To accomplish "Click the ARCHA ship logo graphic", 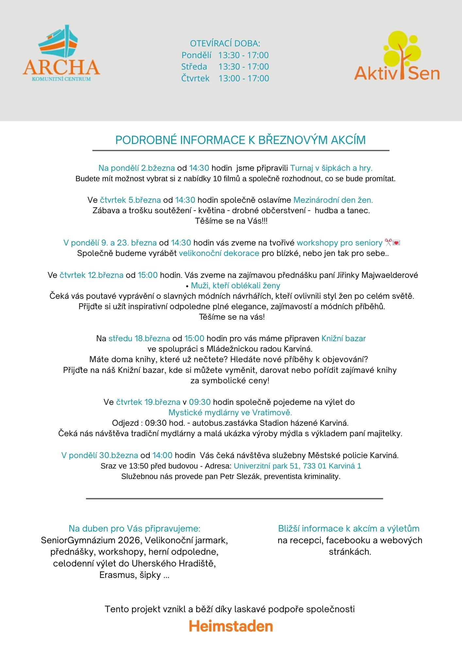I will tap(59, 41).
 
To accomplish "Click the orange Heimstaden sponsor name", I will tap(231, 626).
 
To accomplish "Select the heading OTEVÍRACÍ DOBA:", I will tap(225, 43).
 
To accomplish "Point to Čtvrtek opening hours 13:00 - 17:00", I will tap(244, 78).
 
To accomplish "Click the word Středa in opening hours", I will tap(194, 67).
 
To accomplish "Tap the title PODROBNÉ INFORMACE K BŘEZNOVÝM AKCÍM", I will tap(240, 140).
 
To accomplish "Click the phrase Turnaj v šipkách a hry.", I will tap(331, 168).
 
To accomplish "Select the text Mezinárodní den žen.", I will tap(333, 200).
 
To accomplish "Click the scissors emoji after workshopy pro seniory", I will tap(388, 243).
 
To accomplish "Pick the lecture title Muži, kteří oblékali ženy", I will tap(235, 286).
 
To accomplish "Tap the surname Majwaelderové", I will tap(389, 275).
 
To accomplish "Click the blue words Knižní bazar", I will tap(343, 338).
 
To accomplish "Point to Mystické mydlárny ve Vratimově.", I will tap(230, 412).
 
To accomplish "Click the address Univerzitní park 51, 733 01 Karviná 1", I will tap(297, 466).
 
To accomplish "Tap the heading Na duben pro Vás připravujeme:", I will tap(134, 529).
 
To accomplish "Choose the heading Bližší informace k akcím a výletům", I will tap(349, 529).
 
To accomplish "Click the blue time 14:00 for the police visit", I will tap(162, 455).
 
